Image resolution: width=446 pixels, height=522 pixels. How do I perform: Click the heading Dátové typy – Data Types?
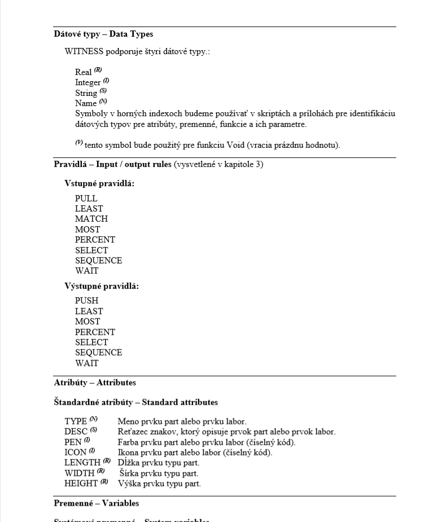[103, 34]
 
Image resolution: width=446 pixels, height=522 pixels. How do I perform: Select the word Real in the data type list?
[83, 72]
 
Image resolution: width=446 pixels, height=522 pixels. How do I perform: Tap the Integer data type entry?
[88, 82]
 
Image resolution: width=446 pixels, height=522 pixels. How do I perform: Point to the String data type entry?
[86, 93]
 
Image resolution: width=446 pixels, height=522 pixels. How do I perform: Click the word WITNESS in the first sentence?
[84, 52]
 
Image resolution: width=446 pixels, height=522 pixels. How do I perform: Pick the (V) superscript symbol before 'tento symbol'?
[79, 143]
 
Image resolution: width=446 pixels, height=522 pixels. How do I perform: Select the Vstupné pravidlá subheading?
[99, 184]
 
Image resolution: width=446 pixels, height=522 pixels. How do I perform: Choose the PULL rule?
[86, 199]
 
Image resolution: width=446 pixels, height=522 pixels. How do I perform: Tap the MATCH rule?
[91, 219]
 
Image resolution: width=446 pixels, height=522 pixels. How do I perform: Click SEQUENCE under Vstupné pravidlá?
[98, 260]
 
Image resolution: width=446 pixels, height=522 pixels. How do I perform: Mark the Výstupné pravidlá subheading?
[102, 286]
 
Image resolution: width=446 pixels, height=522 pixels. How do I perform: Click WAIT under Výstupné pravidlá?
[86, 363]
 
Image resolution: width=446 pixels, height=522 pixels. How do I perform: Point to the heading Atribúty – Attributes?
[95, 383]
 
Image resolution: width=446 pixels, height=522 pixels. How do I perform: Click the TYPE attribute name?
[76, 421]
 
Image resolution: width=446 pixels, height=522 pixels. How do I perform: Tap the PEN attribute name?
[74, 442]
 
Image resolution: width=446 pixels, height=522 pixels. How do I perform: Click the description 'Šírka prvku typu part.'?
[159, 473]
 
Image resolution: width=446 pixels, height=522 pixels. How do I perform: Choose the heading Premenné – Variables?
[97, 503]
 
